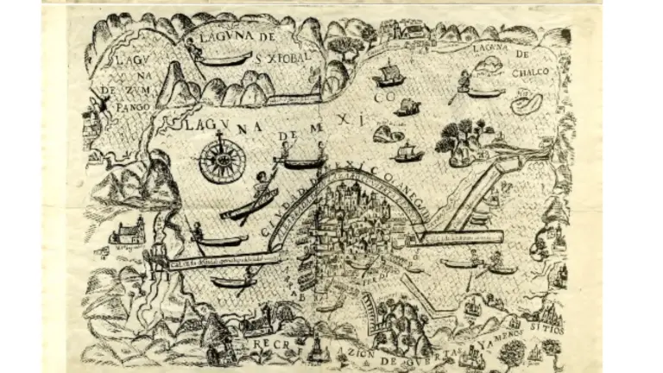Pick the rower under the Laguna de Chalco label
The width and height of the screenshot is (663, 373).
[x=465, y=81]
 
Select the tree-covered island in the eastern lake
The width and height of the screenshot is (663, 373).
[x=464, y=142]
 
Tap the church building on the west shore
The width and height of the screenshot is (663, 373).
[x=129, y=231]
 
